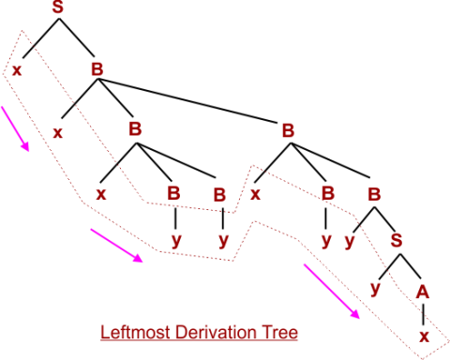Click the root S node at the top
(57, 9)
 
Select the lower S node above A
(396, 239)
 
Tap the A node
(423, 292)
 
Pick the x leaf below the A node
(424, 335)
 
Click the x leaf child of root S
(17, 70)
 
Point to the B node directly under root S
(97, 70)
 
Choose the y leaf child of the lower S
(374, 288)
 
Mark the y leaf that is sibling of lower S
(349, 239)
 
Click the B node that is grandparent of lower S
(289, 129)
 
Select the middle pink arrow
(117, 246)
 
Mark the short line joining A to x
(424, 313)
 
